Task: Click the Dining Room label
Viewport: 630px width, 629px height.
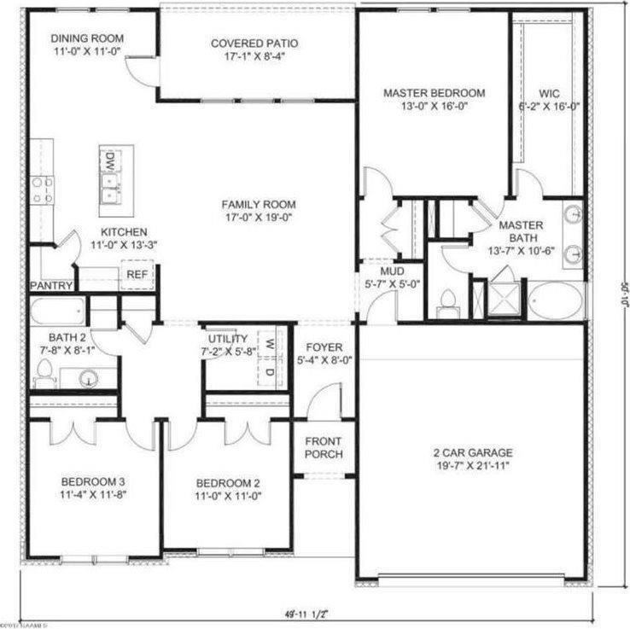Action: click(x=87, y=39)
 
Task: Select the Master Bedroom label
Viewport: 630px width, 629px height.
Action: click(x=434, y=93)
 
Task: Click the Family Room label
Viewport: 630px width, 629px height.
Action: click(x=259, y=205)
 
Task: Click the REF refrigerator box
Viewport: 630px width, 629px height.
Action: click(x=137, y=275)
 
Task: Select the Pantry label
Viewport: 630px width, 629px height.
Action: click(x=51, y=285)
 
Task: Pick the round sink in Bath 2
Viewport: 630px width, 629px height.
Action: click(x=89, y=376)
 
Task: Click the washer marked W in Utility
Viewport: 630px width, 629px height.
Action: click(x=268, y=344)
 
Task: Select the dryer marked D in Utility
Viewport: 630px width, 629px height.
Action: click(x=268, y=371)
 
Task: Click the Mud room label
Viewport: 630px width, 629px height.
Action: click(x=391, y=271)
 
